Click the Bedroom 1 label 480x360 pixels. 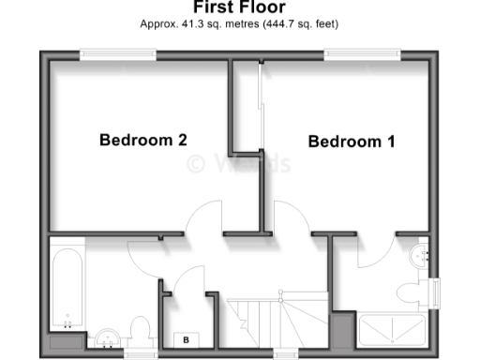click(x=351, y=142)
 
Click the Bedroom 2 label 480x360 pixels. click(x=143, y=141)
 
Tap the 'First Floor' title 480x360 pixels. click(x=239, y=7)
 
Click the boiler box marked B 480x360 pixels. click(x=186, y=340)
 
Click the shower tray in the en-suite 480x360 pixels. click(x=392, y=330)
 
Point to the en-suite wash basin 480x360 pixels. click(x=421, y=252)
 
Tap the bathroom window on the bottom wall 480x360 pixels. click(x=140, y=353)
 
